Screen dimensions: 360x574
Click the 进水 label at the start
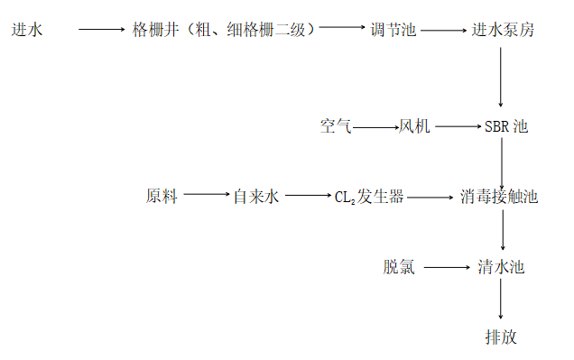(x=27, y=30)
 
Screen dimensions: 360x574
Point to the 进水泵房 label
(x=504, y=30)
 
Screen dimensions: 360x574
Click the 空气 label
(x=335, y=127)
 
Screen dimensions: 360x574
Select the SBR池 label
(x=505, y=127)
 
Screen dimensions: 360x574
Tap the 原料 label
(x=162, y=196)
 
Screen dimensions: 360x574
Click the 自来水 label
(x=256, y=196)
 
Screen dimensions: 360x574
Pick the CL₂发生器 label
(x=369, y=196)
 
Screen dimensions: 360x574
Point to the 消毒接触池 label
(x=498, y=196)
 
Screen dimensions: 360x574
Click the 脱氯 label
(x=399, y=267)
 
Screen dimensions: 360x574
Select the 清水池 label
(x=501, y=267)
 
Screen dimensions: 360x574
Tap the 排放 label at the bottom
(x=502, y=337)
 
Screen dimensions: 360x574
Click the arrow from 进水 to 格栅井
(x=101, y=30)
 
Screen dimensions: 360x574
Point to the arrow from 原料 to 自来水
(x=207, y=195)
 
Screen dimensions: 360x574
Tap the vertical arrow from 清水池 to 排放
(x=501, y=300)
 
